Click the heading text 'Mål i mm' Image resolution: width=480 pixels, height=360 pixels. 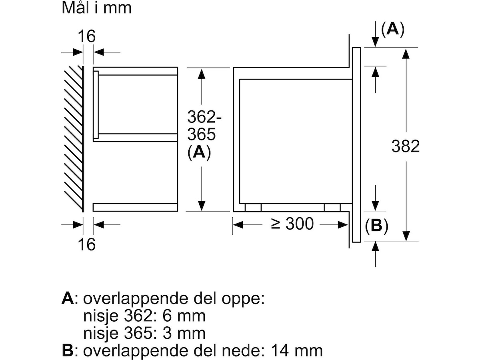[x=96, y=8]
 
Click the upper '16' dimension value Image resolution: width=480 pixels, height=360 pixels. [x=86, y=37]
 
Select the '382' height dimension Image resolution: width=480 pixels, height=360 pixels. [x=406, y=146]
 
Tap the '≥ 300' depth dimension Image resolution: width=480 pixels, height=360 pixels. [x=293, y=224]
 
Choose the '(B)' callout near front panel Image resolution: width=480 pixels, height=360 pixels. [x=376, y=226]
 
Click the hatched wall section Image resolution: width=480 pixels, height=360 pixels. [x=73, y=138]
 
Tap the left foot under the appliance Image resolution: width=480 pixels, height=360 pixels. [x=253, y=208]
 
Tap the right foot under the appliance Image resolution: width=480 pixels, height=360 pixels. [x=332, y=208]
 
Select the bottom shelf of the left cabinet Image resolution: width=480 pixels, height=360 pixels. [x=135, y=207]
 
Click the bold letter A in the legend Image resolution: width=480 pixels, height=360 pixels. [x=68, y=298]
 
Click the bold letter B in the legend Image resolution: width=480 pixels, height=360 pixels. [x=68, y=350]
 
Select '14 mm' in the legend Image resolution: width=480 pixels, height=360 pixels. [x=296, y=350]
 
